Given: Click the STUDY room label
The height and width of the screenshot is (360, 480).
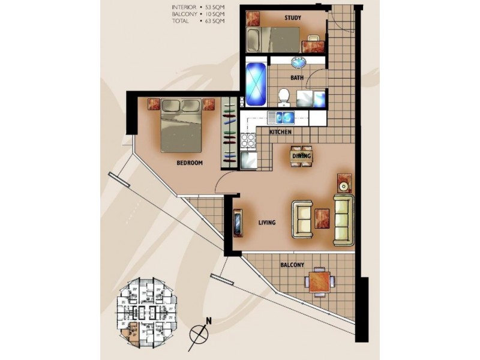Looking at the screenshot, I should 293,18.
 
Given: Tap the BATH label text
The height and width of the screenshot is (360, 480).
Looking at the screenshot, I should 296,78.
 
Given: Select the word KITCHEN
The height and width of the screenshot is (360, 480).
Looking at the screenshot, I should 280,131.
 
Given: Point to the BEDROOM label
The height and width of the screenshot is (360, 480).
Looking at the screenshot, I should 189,163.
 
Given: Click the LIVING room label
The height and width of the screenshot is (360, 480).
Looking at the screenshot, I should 266,223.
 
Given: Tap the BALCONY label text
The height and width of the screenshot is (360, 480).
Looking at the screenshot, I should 292,265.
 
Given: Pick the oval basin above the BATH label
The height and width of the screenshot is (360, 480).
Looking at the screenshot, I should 298,62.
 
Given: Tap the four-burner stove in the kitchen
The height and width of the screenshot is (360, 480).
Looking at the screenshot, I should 248,141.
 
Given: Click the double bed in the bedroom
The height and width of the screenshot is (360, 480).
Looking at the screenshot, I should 182,124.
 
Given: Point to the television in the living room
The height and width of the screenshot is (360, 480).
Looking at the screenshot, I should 238,223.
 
